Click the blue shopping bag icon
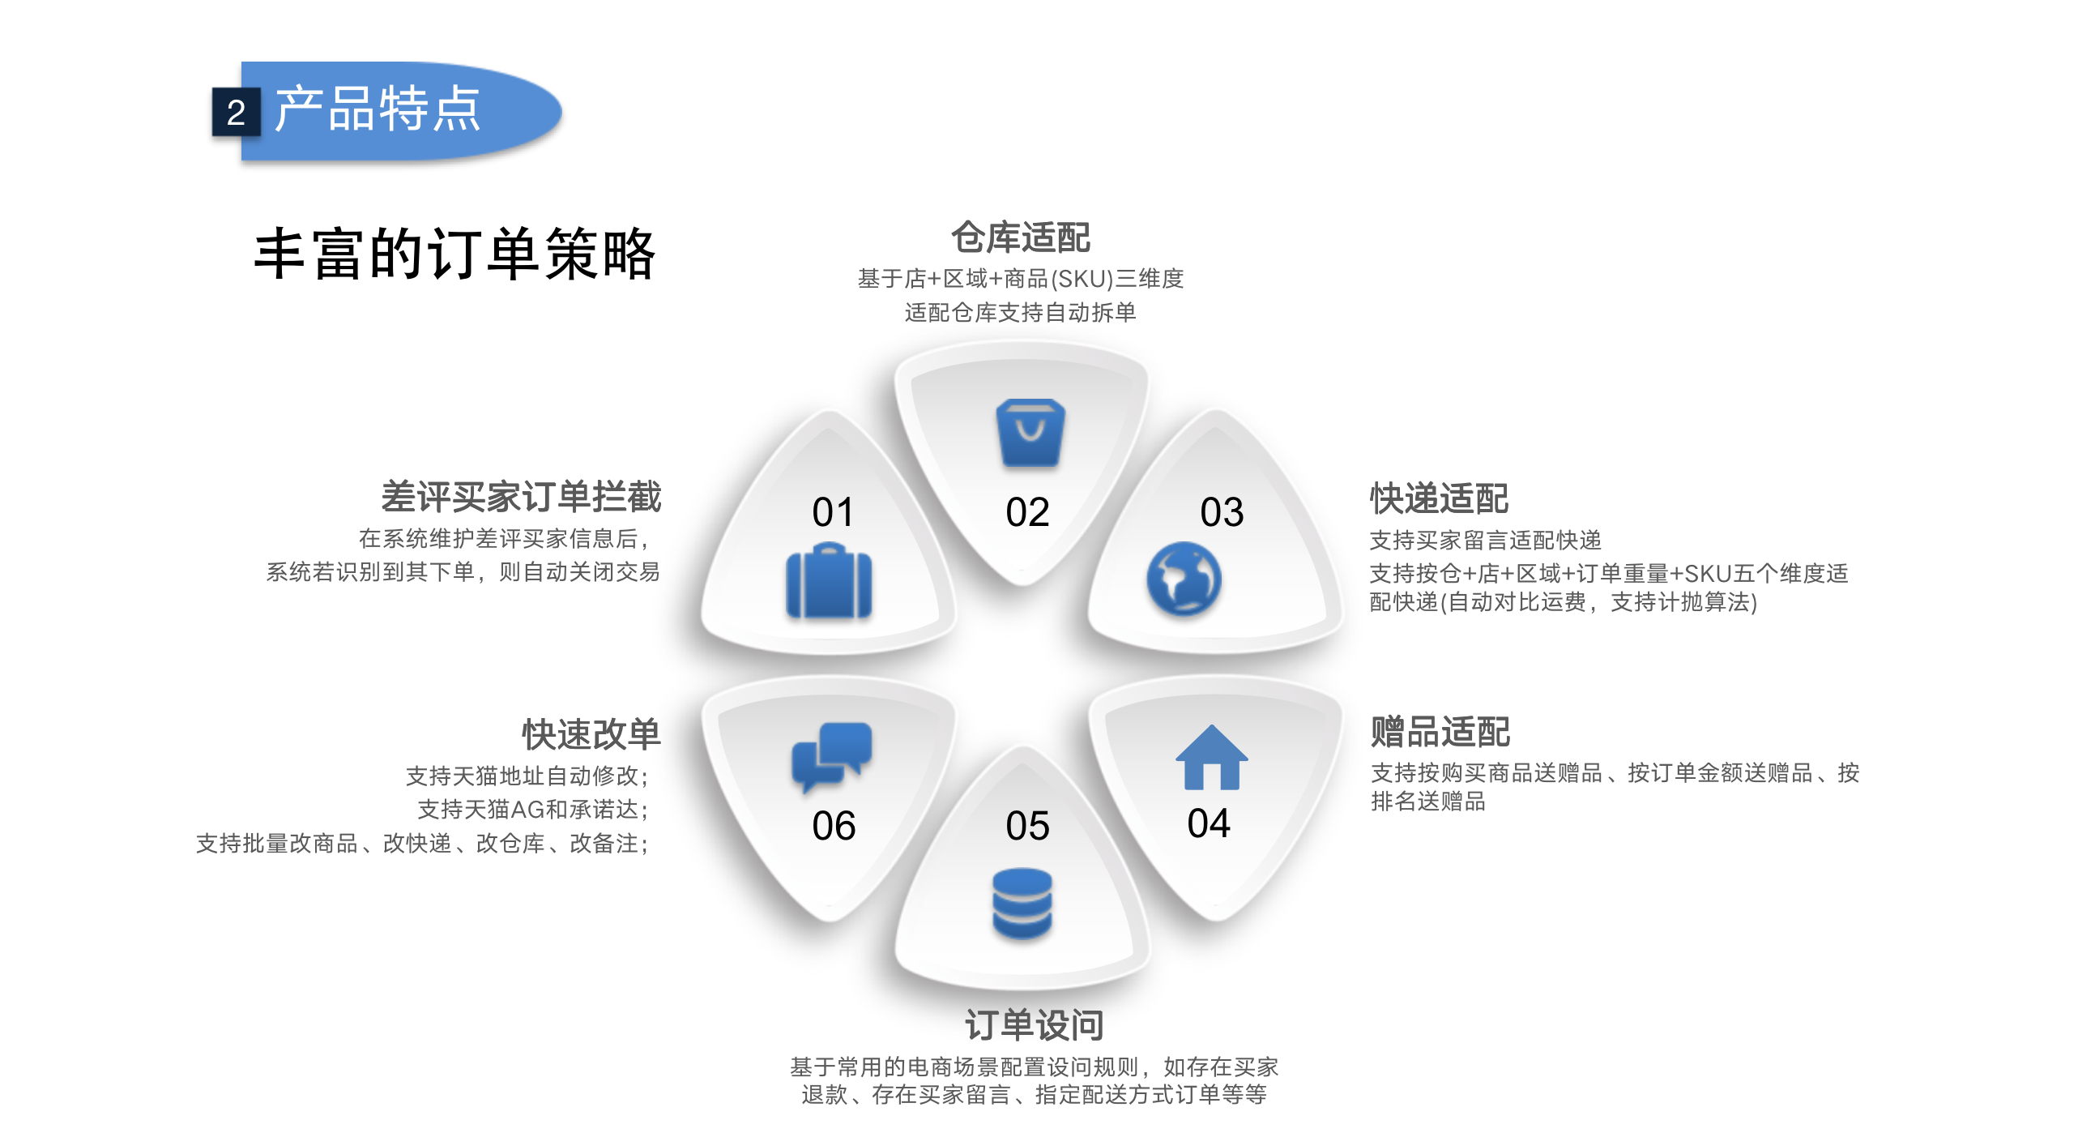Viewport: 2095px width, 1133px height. click(1030, 433)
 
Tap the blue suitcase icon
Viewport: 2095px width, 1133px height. click(829, 583)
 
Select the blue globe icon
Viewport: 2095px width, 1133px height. click(1184, 579)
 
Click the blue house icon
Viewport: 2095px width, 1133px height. click(1211, 757)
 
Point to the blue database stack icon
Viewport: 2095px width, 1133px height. click(1022, 903)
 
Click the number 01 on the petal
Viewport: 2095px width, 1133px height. click(833, 512)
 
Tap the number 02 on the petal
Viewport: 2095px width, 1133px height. click(1027, 512)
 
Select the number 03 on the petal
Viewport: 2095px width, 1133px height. click(1222, 512)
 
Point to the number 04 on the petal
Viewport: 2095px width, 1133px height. click(1209, 823)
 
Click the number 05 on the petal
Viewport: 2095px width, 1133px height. click(1027, 827)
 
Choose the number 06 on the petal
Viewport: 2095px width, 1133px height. click(834, 827)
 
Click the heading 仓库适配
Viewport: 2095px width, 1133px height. click(1021, 237)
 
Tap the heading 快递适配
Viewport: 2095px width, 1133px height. click(1439, 498)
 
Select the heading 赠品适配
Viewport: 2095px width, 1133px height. click(1440, 731)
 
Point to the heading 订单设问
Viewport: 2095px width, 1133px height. click(1034, 1025)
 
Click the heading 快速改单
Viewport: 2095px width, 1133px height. click(591, 734)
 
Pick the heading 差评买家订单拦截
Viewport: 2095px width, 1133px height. click(521, 497)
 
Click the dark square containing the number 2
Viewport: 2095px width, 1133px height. click(236, 112)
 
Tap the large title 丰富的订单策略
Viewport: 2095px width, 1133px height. click(454, 254)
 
